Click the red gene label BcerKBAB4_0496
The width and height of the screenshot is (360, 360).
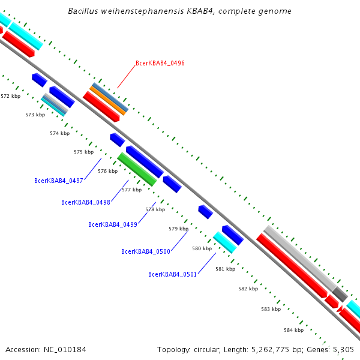(x=160, y=63)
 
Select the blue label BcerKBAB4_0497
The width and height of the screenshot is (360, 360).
(x=59, y=181)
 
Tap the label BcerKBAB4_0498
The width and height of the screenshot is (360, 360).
(x=86, y=202)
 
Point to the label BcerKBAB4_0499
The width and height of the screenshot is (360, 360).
(x=113, y=224)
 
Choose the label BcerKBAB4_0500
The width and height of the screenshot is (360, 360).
(x=146, y=251)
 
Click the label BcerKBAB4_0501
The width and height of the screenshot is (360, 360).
(x=173, y=274)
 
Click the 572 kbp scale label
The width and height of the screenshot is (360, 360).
(x=10, y=96)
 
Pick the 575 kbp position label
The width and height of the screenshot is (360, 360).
(x=84, y=152)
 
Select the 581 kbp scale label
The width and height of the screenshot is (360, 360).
(x=225, y=269)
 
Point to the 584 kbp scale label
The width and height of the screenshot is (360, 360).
(x=293, y=330)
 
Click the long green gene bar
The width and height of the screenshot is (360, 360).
(x=137, y=169)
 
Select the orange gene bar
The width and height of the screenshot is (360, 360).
(x=108, y=100)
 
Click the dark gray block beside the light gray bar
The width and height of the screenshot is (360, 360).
(x=340, y=294)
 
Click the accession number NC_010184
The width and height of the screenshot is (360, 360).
(x=65, y=349)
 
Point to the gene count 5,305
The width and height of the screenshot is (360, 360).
(x=343, y=349)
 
